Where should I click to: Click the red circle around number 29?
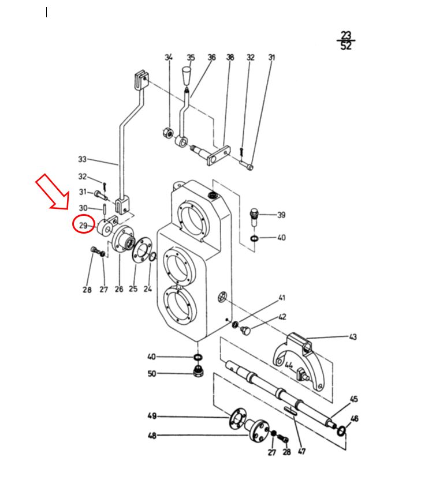click(73, 224)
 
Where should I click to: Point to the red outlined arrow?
click(53, 192)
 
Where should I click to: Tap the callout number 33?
click(83, 159)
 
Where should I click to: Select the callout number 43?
click(353, 337)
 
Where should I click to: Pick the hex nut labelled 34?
click(167, 133)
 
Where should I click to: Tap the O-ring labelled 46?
click(341, 430)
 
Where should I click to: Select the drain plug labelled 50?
click(198, 371)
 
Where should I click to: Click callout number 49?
click(152, 416)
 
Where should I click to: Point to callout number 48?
click(152, 436)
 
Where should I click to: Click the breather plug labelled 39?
click(254, 217)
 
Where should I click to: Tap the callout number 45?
click(354, 399)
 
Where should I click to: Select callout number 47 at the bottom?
click(302, 451)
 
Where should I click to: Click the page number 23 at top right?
click(346, 35)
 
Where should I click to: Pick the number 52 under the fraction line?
click(346, 46)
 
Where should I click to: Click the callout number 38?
click(230, 57)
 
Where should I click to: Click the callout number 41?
click(282, 298)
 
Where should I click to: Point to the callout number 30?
click(83, 208)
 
